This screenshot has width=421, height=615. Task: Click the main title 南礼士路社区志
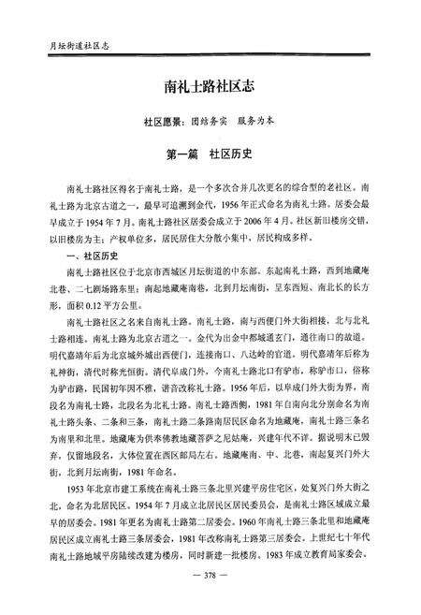pyautogui.click(x=213, y=87)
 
